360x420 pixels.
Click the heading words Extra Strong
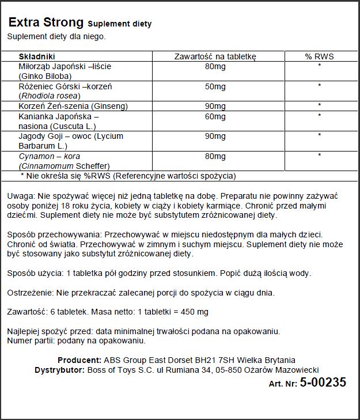click(x=46, y=22)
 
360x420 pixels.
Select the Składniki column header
click(x=37, y=56)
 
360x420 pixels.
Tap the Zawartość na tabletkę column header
click(x=215, y=56)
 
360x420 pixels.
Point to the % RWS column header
click(x=319, y=56)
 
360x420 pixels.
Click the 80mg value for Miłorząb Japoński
click(x=215, y=66)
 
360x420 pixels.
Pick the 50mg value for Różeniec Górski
click(x=215, y=86)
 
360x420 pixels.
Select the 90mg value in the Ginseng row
click(x=215, y=106)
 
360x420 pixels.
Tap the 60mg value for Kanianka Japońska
click(x=215, y=116)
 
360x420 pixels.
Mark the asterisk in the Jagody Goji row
click(x=319, y=136)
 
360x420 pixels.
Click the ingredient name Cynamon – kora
click(x=41, y=156)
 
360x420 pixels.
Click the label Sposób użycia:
click(x=34, y=273)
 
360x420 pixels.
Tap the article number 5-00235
click(x=323, y=382)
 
